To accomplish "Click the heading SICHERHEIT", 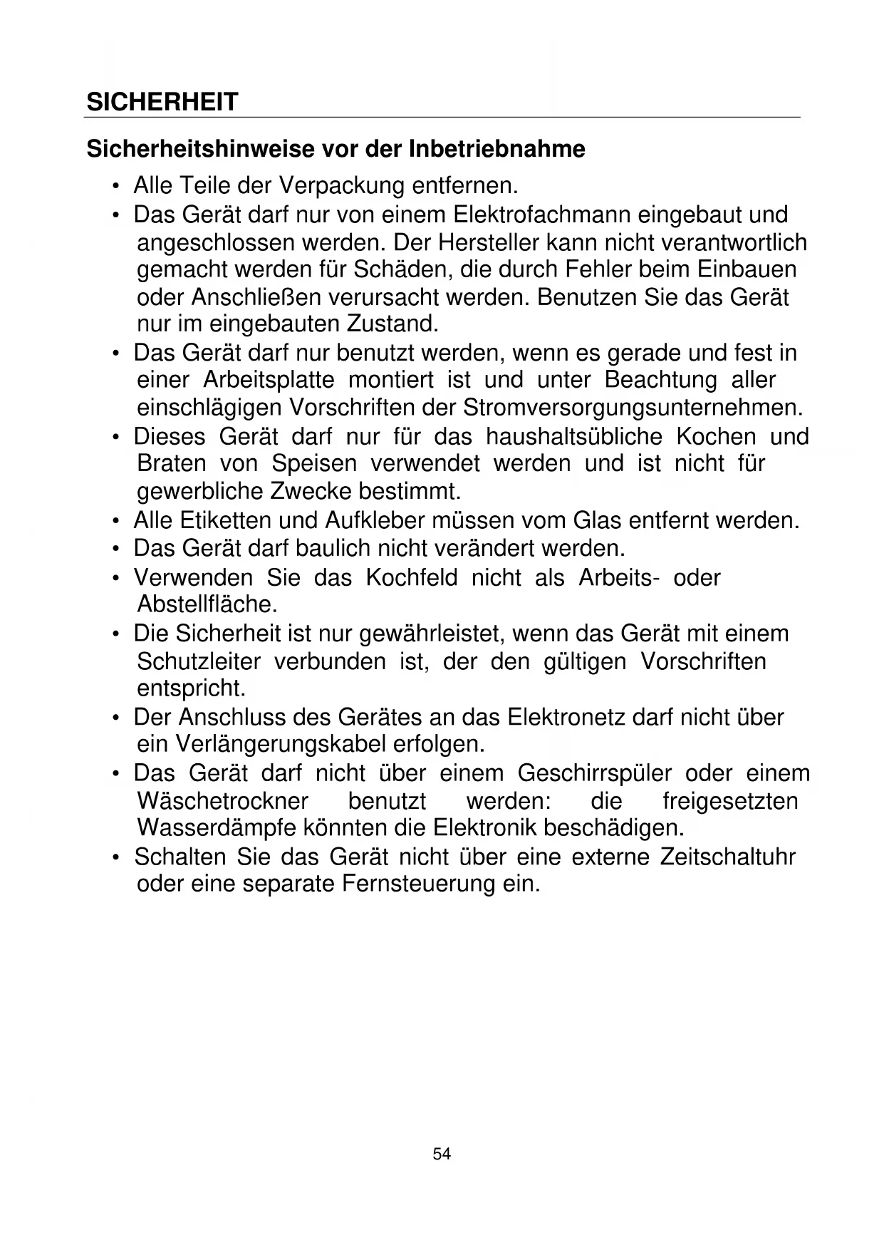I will (162, 103).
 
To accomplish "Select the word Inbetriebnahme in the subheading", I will (496, 150).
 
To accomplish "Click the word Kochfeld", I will (411, 577).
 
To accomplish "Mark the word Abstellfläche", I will (207, 605).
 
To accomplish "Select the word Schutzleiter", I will (199, 661).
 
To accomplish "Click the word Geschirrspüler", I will (594, 773).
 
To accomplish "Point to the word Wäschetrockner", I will (222, 801).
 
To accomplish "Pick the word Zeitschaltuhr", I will (727, 857).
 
